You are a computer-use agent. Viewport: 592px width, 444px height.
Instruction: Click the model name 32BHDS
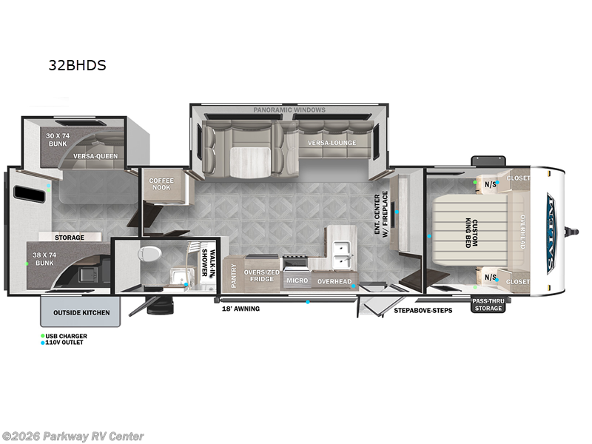click(77, 65)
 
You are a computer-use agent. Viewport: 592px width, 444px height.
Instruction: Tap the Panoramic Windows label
click(289, 110)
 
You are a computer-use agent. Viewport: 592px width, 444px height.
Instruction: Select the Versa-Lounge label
click(332, 143)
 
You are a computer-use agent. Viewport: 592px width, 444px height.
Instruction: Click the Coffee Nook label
click(161, 184)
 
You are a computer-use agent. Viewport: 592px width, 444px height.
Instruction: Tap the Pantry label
click(234, 275)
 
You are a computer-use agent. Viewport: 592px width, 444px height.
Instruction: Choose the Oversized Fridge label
click(262, 275)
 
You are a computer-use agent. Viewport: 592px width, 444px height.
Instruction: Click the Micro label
click(297, 281)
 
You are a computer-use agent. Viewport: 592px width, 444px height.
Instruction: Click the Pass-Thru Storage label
click(488, 304)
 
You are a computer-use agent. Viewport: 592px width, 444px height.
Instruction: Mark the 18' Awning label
click(241, 309)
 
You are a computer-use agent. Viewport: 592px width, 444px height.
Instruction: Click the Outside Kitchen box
click(81, 313)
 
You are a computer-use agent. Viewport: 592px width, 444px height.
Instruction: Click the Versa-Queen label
click(95, 156)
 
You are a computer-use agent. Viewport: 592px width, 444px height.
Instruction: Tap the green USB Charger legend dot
click(42, 336)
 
